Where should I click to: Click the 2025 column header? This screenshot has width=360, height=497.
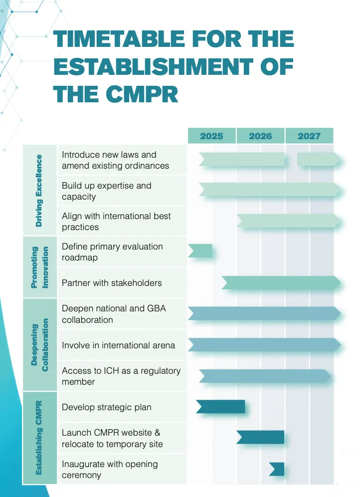pyautogui.click(x=211, y=136)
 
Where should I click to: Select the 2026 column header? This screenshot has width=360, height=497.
pyautogui.click(x=260, y=136)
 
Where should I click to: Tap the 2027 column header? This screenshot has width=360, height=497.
pyautogui.click(x=309, y=136)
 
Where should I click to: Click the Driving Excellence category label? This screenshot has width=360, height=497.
pyautogui.click(x=39, y=191)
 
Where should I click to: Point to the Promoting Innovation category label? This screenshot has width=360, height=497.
pyautogui.click(x=39, y=267)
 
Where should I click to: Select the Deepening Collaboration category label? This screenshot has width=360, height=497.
pyautogui.click(x=39, y=345)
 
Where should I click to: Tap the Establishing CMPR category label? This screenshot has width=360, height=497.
pyautogui.click(x=39, y=438)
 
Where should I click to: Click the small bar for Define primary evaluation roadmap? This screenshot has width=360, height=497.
pyautogui.click(x=200, y=251)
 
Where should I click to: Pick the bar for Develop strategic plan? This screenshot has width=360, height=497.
pyautogui.click(x=221, y=407)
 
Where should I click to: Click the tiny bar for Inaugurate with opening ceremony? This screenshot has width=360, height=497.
pyautogui.click(x=277, y=469)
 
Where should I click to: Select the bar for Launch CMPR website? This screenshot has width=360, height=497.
pyautogui.click(x=260, y=438)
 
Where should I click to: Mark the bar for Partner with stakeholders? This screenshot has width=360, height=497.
pyautogui.click(x=282, y=283)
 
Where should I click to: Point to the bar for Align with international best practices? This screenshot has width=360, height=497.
pyautogui.click(x=289, y=221)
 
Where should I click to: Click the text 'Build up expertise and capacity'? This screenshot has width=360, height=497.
pyautogui.click(x=107, y=191)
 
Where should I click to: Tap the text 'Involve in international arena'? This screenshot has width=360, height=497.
pyautogui.click(x=118, y=345)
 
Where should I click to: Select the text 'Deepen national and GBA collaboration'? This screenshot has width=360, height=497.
pyautogui.click(x=114, y=314)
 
